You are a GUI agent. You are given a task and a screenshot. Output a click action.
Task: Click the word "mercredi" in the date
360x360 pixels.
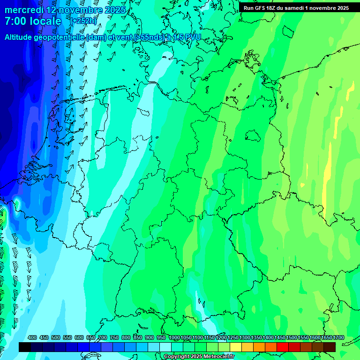(x=22, y=10)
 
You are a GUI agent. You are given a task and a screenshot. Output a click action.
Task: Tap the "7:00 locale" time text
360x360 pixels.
(x=33, y=21)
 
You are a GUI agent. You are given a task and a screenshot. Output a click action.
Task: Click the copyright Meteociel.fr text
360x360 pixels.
(x=199, y=357)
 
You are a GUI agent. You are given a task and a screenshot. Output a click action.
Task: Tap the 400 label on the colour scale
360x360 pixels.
(x=32, y=338)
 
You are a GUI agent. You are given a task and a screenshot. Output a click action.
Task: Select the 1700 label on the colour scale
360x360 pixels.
(x=338, y=338)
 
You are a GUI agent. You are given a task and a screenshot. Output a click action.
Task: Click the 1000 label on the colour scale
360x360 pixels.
(x=174, y=338)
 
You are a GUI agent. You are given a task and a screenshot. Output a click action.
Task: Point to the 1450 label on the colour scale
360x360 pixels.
(x=280, y=338)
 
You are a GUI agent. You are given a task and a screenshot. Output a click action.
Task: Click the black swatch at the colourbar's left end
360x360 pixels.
(x=25, y=347)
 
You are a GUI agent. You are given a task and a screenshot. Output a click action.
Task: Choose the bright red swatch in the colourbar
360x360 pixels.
(x=282, y=347)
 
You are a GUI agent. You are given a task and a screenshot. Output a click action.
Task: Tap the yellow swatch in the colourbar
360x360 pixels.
(x=235, y=347)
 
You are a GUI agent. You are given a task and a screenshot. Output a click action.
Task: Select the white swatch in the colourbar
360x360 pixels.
(x=165, y=347)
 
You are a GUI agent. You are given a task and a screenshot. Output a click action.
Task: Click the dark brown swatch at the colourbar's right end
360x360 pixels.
(x=330, y=347)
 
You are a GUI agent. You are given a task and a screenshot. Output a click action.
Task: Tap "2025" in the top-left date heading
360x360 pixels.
(x=115, y=10)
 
